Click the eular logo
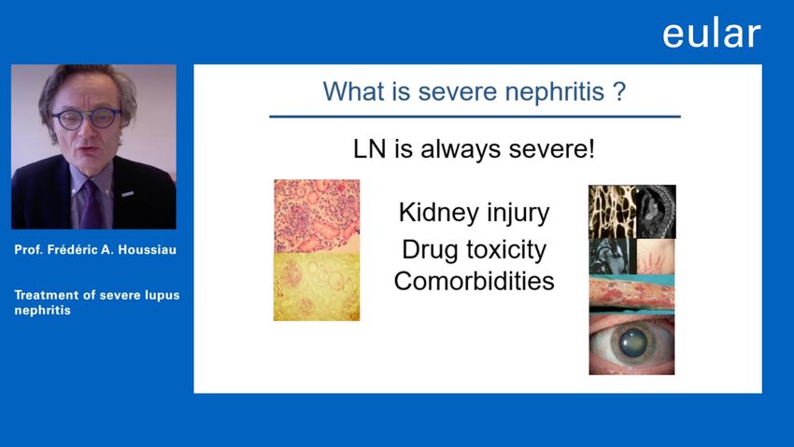click(712, 34)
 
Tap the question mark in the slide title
click(619, 91)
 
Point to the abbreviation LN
click(369, 149)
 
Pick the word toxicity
click(506, 250)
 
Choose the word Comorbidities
click(474, 281)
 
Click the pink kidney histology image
click(317, 216)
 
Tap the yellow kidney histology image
click(317, 286)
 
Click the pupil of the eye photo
click(632, 342)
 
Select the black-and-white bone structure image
click(612, 211)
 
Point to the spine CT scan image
click(656, 211)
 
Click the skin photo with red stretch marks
click(655, 257)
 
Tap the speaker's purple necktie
click(91, 204)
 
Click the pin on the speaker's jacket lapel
click(128, 194)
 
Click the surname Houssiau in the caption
click(148, 250)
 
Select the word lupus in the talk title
click(162, 295)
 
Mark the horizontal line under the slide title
click(475, 117)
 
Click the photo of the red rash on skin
click(632, 294)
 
